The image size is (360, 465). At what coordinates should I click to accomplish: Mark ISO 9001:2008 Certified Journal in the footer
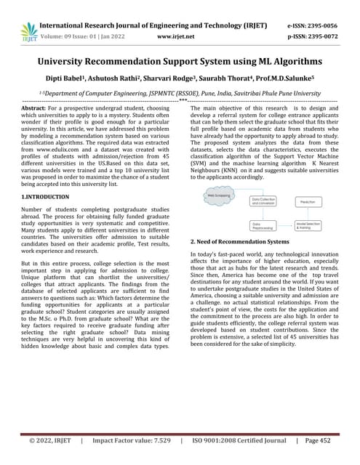(242, 441)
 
